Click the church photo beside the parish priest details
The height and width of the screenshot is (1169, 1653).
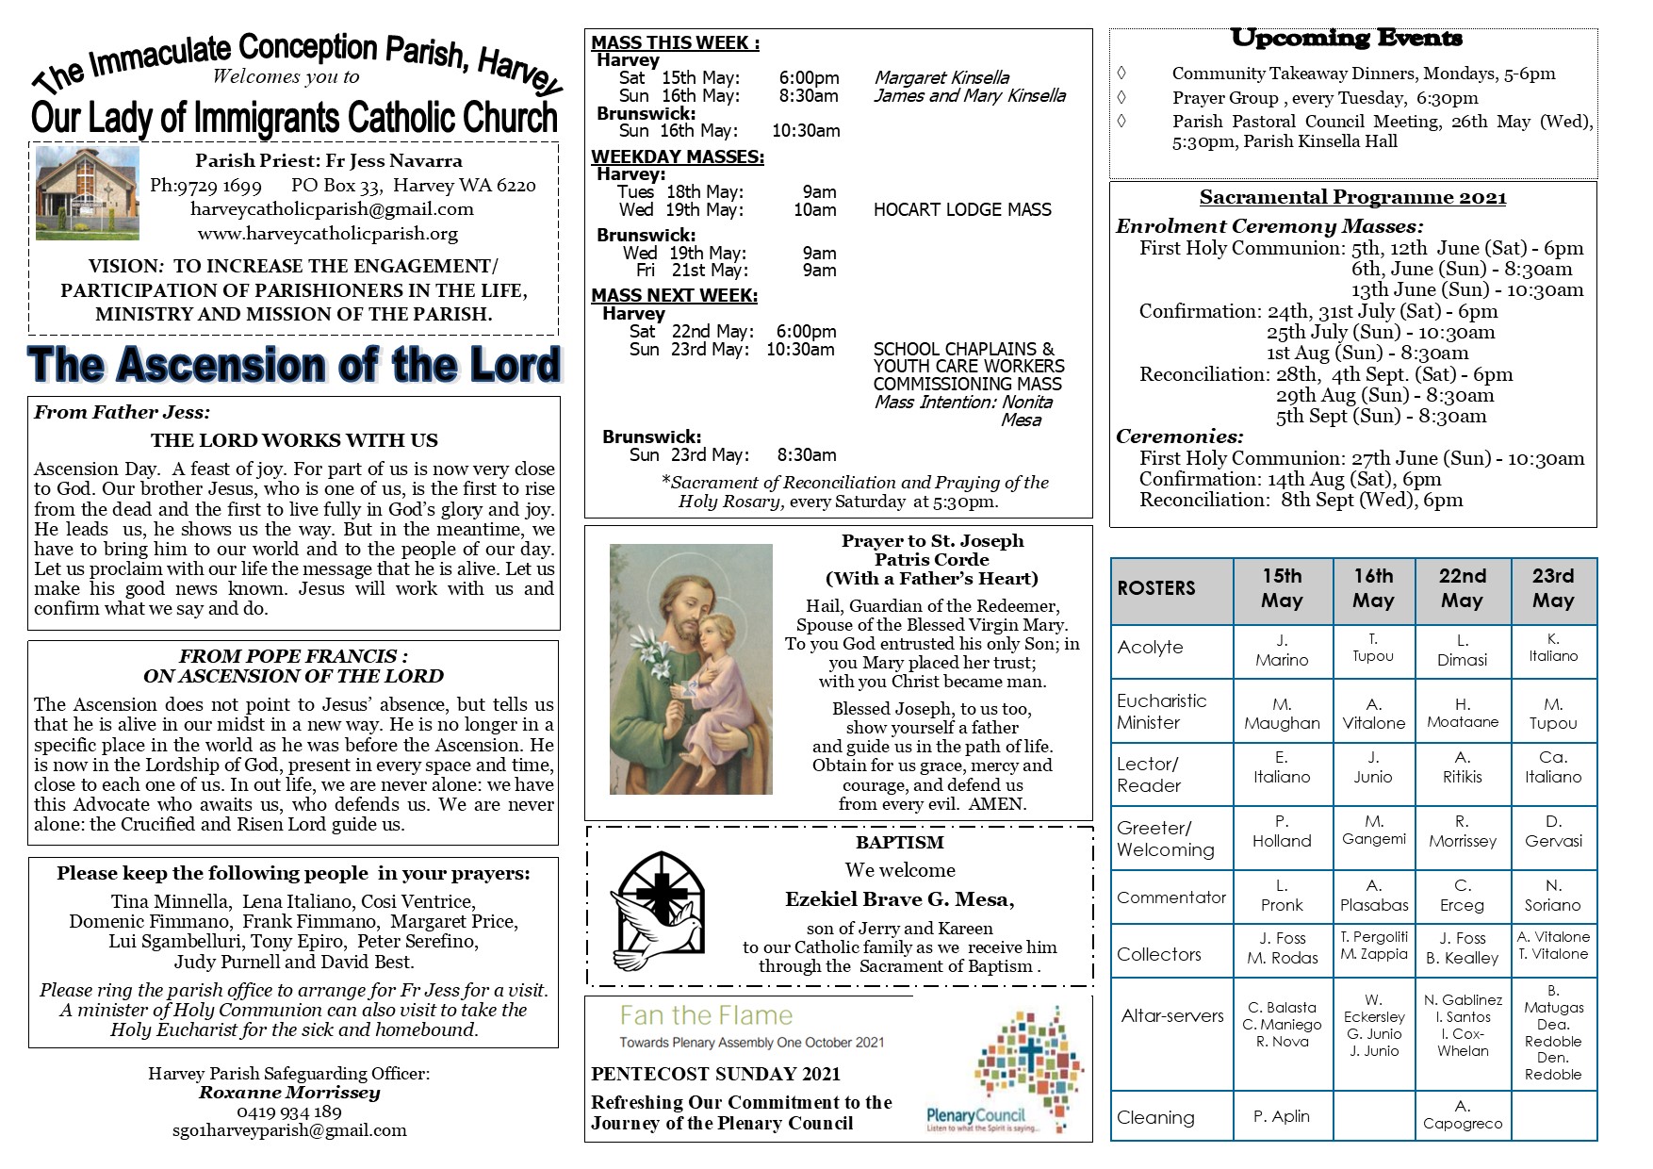coord(88,193)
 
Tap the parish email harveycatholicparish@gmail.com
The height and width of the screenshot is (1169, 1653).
coord(332,209)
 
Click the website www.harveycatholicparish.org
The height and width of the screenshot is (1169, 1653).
coord(328,233)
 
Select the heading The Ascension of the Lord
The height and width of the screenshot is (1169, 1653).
coord(294,365)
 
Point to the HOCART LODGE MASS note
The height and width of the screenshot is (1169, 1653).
coord(962,209)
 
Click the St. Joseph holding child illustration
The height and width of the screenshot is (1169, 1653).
coord(691,668)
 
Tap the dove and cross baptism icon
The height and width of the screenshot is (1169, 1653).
coord(657,910)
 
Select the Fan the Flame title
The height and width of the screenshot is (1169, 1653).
coord(706,1015)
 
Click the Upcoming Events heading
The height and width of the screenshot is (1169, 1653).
coord(1346,39)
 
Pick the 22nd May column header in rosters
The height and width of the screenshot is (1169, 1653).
coord(1462,588)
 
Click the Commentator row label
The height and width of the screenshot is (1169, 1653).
coord(1171,897)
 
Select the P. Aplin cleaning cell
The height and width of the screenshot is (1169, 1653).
coord(1282,1116)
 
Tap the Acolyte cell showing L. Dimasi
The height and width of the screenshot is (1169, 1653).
coord(1462,650)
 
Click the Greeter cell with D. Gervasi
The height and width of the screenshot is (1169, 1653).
coord(1553,831)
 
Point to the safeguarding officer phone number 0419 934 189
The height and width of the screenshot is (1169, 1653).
coord(289,1111)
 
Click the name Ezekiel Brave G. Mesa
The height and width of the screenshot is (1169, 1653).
coord(899,899)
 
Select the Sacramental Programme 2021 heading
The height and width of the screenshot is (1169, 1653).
coord(1352,197)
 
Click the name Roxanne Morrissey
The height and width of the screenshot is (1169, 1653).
coord(289,1093)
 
